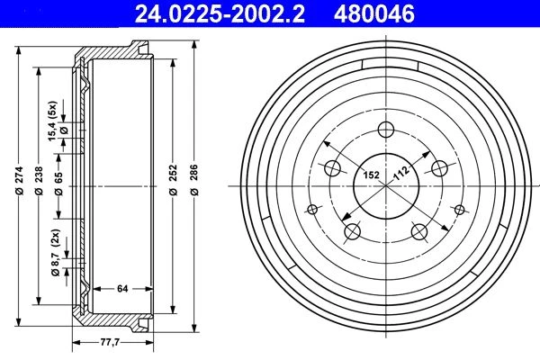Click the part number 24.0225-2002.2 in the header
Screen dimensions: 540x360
[220, 13]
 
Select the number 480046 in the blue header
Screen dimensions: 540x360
[374, 13]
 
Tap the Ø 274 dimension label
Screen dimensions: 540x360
[19, 181]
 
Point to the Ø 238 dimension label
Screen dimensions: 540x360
[39, 181]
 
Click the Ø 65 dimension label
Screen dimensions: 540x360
[58, 184]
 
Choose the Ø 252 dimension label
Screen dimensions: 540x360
[174, 180]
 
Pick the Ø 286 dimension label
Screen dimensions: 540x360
[194, 180]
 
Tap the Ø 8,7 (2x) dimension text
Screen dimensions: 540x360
[56, 253]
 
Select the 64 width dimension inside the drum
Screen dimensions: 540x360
[122, 289]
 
